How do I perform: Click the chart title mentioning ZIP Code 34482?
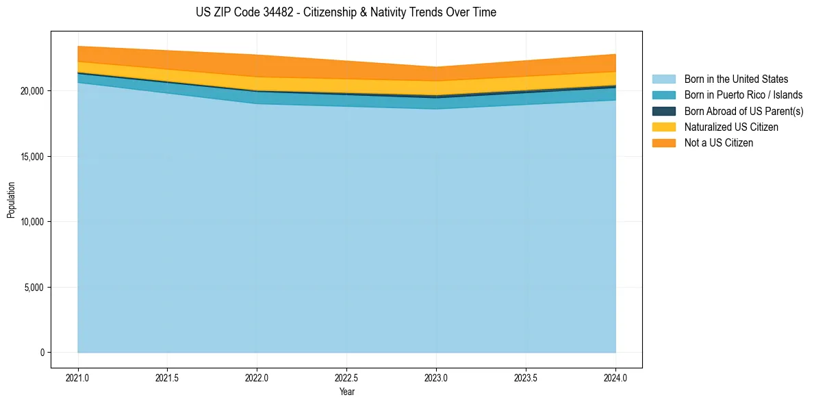click(x=346, y=12)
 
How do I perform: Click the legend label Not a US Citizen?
click(x=719, y=142)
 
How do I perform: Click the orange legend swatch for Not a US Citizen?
click(x=663, y=142)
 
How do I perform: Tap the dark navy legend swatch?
click(x=663, y=111)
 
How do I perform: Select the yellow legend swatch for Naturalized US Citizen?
click(x=663, y=127)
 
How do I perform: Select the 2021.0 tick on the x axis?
click(x=78, y=377)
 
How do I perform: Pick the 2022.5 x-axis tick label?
click(x=347, y=377)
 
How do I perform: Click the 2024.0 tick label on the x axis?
click(x=615, y=377)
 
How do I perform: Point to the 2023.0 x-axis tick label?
click(x=436, y=377)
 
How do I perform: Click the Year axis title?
click(x=347, y=392)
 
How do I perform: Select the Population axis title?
click(x=11, y=200)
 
